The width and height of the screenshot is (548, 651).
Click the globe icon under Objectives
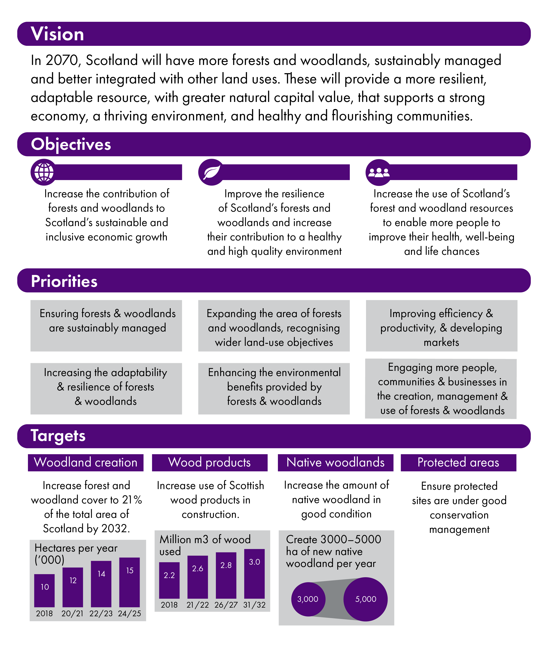pyautogui.click(x=44, y=172)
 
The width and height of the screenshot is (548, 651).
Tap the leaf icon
pyautogui.click(x=212, y=172)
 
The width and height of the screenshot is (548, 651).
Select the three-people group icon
pyautogui.click(x=379, y=172)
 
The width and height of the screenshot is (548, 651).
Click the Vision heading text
pyautogui.click(x=58, y=34)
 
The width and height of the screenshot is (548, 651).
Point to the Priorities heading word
pyautogui.click(x=64, y=281)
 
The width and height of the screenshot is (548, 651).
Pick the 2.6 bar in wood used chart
pyautogui.click(x=198, y=577)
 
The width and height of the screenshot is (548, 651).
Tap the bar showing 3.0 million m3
pyautogui.click(x=254, y=574)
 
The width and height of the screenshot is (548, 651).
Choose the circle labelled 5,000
pyautogui.click(x=366, y=599)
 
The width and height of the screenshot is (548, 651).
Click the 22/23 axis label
pyautogui.click(x=101, y=613)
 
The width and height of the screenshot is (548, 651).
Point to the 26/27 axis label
pyautogui.click(x=226, y=605)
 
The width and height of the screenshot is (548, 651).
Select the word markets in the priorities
pyautogui.click(x=441, y=342)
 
